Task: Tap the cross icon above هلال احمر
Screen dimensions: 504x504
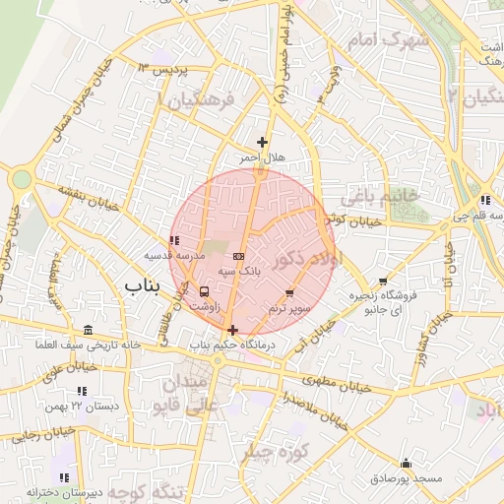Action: click(x=262, y=143)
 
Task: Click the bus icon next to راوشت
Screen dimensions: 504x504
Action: click(x=204, y=291)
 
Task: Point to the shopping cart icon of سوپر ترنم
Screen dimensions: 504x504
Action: click(x=289, y=293)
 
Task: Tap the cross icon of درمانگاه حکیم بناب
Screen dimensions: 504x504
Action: click(x=232, y=330)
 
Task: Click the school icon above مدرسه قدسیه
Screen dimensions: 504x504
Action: click(x=174, y=240)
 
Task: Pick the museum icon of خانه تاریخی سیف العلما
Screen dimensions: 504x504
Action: click(x=90, y=330)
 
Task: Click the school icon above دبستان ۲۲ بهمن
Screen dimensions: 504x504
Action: click(x=85, y=390)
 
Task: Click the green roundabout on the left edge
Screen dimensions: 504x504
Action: click(x=21, y=179)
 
